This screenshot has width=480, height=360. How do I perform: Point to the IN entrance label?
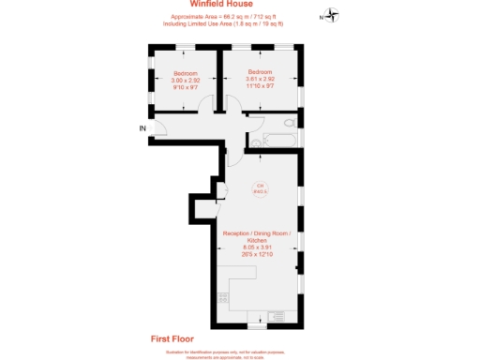[x=142, y=127]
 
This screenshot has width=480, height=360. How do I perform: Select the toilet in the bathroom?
[x=256, y=142]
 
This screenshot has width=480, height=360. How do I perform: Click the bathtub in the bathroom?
[x=280, y=142]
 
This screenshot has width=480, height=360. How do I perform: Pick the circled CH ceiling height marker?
[x=260, y=189]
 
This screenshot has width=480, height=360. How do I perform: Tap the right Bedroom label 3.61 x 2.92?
[x=260, y=80]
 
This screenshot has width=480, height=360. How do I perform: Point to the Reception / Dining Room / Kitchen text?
[x=257, y=236]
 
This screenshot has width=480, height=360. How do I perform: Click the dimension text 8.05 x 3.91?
[x=257, y=248]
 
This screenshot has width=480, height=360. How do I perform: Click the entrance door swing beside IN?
[x=159, y=129]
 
